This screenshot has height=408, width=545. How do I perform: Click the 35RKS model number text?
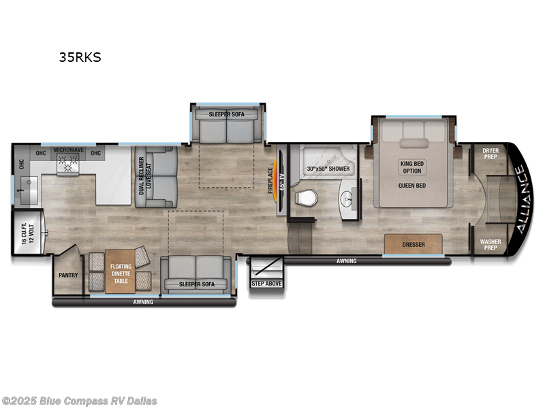pyautogui.click(x=79, y=58)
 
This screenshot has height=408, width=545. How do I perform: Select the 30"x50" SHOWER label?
pyautogui.click(x=328, y=169)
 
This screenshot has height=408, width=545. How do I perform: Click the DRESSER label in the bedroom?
pyautogui.click(x=413, y=244)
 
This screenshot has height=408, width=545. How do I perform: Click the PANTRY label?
pyautogui.click(x=68, y=275)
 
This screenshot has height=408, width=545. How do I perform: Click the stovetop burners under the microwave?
pyautogui.click(x=68, y=164)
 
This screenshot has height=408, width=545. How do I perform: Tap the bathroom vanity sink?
pyautogui.click(x=348, y=199)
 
